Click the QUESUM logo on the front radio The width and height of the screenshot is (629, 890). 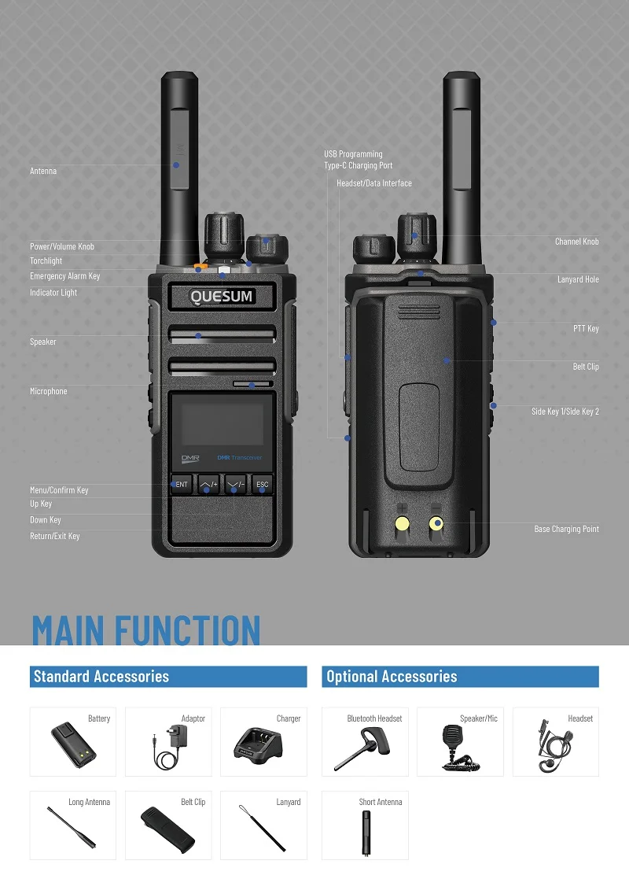222,297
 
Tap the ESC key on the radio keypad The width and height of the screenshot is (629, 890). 263,485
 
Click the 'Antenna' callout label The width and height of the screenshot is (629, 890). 43,171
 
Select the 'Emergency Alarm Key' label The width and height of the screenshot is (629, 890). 65,276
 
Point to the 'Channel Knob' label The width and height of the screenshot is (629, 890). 576,242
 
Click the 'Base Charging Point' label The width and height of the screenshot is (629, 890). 566,529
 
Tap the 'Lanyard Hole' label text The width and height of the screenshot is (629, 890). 578,279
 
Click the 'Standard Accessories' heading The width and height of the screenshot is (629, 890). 101,677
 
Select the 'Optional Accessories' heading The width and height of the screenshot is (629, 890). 392,677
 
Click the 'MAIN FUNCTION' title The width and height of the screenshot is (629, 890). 146,631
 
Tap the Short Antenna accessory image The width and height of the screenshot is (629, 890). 366,831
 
